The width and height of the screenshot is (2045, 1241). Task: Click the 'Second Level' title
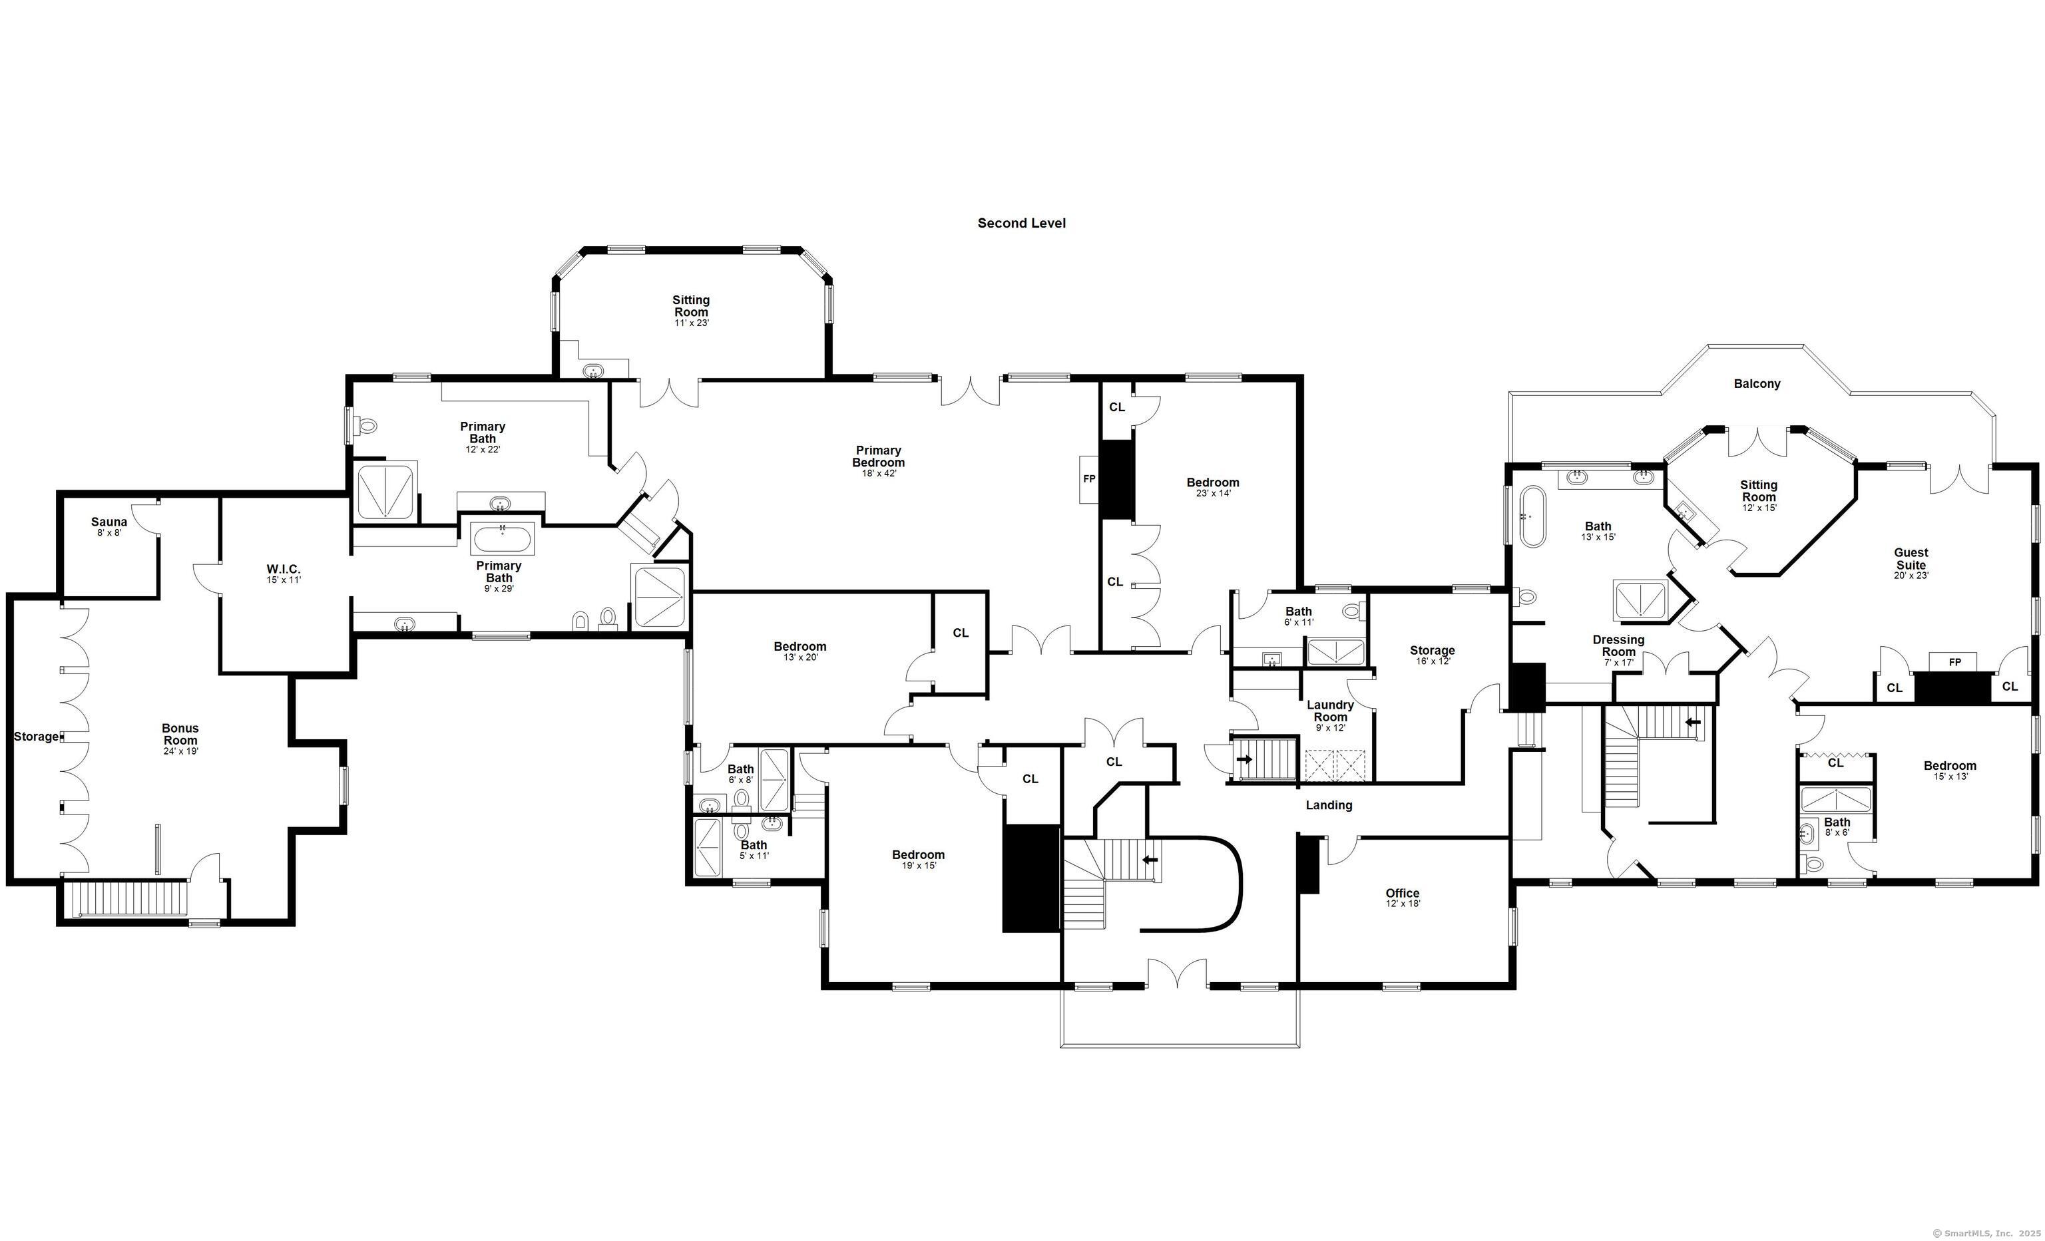(1021, 223)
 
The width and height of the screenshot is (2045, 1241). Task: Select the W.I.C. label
(283, 569)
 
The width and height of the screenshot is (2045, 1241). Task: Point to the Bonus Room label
(180, 734)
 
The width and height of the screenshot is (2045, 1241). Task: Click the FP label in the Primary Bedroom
(1089, 480)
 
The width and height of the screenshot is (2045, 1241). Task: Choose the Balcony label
(1757, 384)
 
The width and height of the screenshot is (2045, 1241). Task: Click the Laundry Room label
(1331, 711)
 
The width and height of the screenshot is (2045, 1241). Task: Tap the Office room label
(1403, 894)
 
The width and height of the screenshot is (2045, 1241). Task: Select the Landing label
(1329, 804)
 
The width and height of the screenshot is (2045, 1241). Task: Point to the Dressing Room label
(1618, 645)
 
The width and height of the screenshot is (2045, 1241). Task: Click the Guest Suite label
(1911, 558)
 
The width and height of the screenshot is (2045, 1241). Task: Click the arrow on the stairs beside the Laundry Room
(1244, 758)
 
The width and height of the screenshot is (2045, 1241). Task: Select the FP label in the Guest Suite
(1954, 662)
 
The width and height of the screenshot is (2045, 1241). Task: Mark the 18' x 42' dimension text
(878, 474)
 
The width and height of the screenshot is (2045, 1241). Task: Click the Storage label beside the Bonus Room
(36, 737)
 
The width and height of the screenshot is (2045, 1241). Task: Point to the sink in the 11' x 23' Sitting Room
(593, 370)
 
